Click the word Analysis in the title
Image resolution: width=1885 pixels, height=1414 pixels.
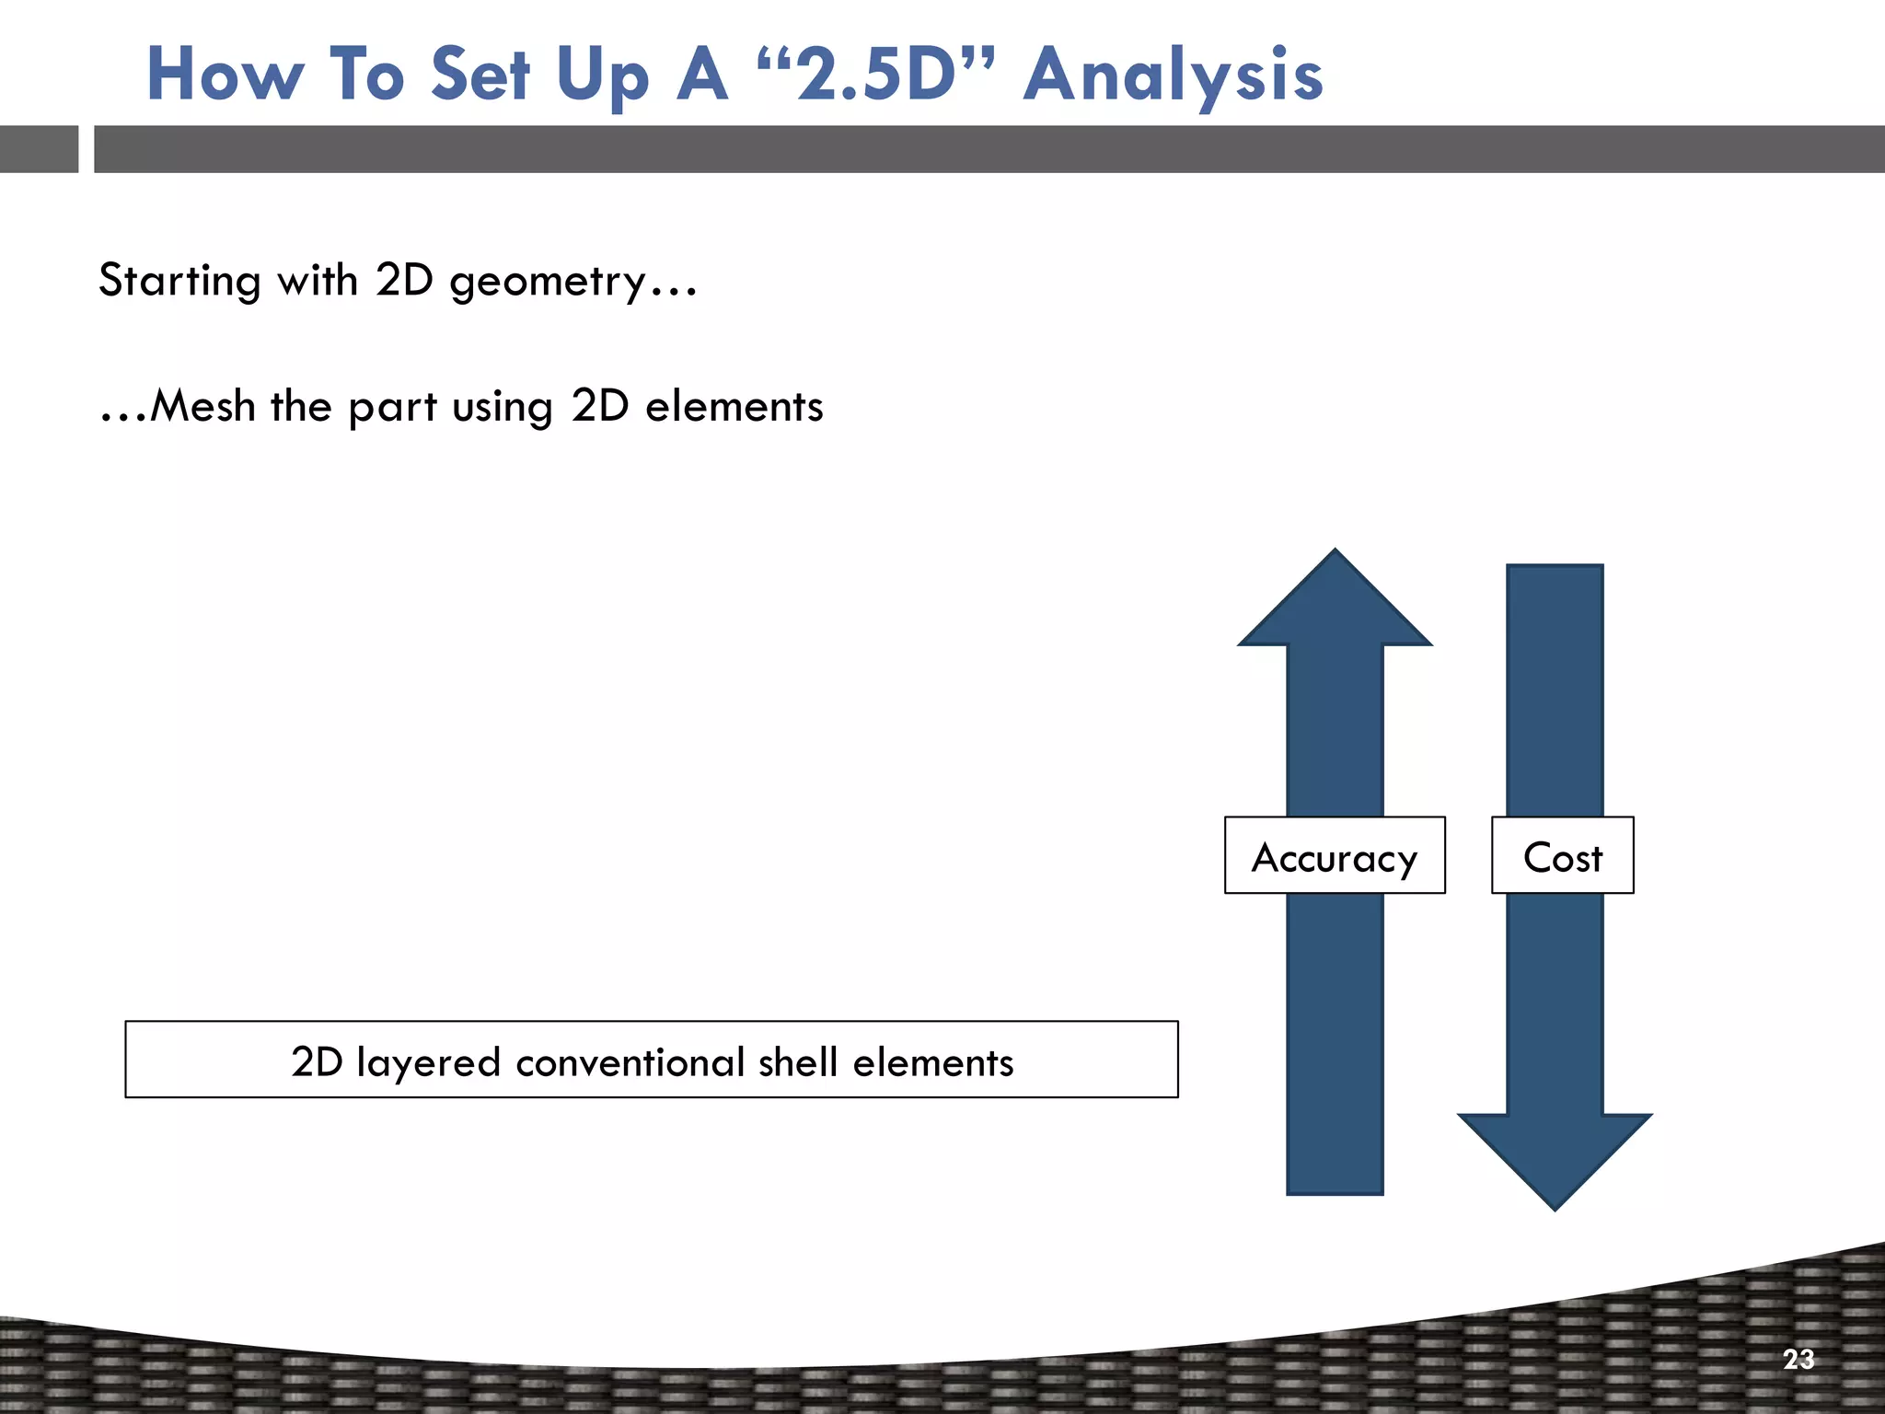(x=1174, y=75)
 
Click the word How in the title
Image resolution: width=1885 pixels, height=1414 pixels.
(x=225, y=75)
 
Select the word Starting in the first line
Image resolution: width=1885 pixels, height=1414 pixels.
(x=179, y=281)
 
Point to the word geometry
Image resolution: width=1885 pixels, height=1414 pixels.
(x=548, y=281)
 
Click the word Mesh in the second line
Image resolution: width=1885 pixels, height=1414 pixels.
(x=202, y=406)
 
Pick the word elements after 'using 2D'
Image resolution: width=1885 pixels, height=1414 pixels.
(x=734, y=406)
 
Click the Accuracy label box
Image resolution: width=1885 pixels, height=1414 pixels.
(x=1334, y=855)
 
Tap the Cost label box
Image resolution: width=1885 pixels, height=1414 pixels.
(x=1562, y=855)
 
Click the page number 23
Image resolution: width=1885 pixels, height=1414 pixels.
(x=1798, y=1359)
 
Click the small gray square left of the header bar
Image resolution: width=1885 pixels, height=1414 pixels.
(x=39, y=149)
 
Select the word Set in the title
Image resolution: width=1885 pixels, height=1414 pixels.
(x=480, y=75)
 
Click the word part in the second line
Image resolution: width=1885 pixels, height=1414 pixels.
(x=392, y=406)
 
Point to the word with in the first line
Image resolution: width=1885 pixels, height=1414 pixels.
(x=318, y=281)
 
